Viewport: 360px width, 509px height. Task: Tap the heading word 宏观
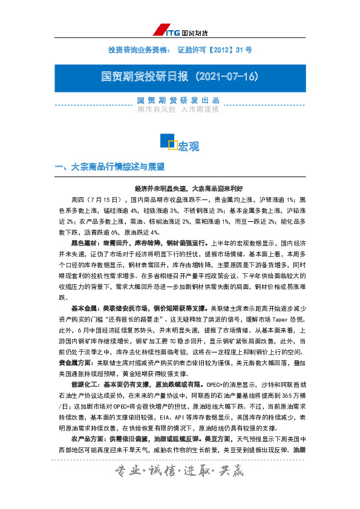[189, 146]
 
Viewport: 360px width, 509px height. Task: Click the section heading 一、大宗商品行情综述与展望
[110, 166]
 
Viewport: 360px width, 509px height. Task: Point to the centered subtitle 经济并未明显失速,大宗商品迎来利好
[180, 188]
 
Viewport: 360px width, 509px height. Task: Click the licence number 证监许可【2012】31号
[215, 48]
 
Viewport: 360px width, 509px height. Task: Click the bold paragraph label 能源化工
[84, 400]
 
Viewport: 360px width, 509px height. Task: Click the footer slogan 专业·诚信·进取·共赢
[180, 487]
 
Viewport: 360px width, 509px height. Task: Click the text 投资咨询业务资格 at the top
[139, 48]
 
